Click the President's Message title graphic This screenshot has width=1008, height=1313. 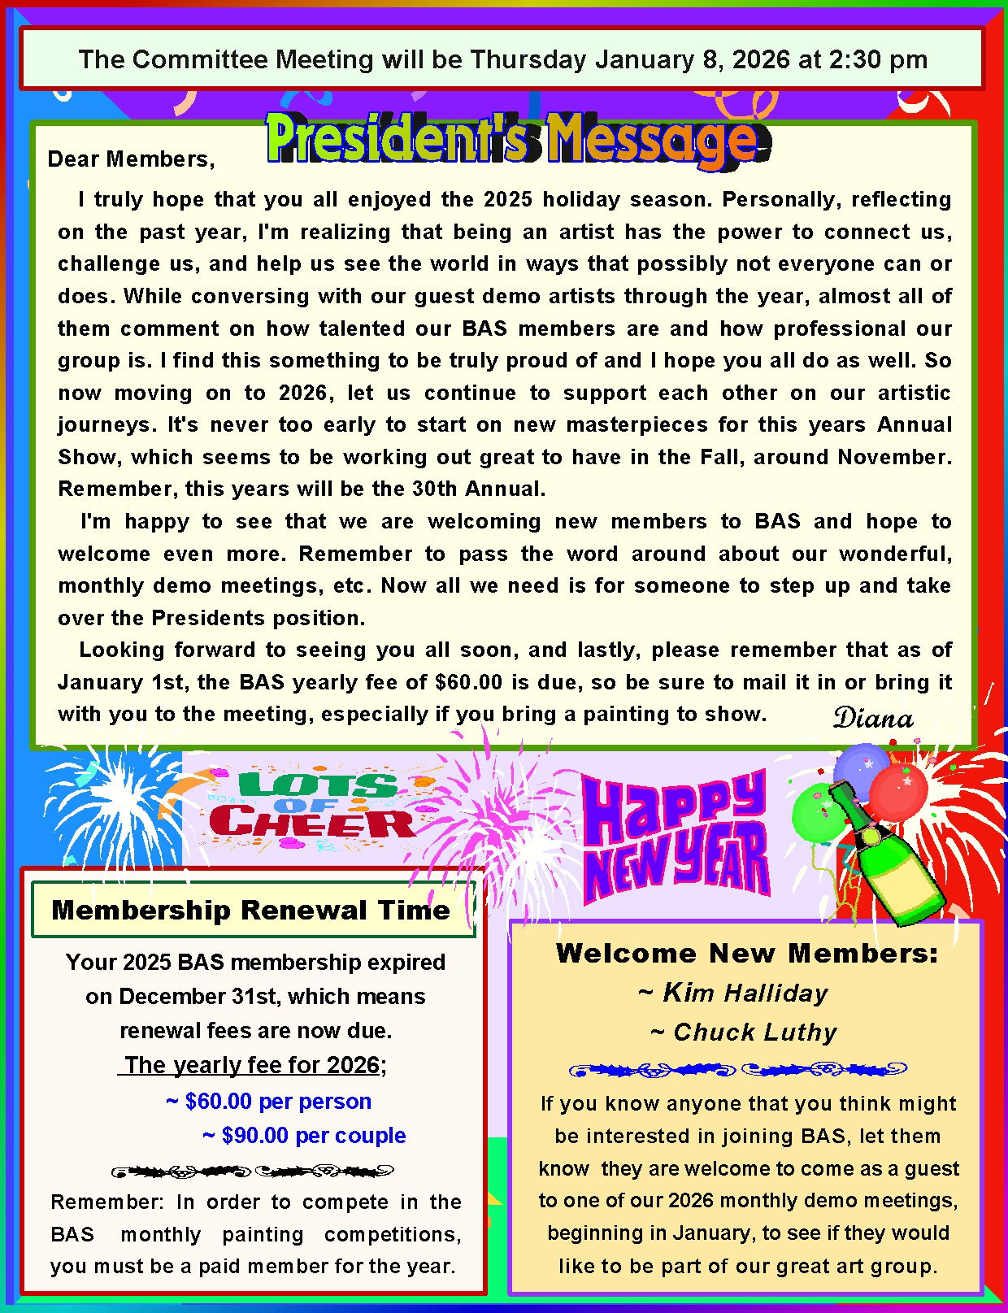(x=512, y=140)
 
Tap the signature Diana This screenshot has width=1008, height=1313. (x=873, y=719)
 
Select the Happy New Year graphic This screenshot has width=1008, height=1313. (x=675, y=837)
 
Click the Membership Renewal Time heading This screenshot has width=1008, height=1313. (x=250, y=910)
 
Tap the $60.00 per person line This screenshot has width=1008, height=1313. (x=268, y=1101)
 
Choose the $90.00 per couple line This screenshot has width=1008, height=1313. (x=304, y=1135)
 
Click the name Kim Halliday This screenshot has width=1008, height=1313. (x=733, y=993)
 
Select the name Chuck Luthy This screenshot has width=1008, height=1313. (x=744, y=1032)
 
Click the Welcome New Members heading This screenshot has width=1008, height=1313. (x=746, y=953)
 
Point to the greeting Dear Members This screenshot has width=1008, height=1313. (x=131, y=159)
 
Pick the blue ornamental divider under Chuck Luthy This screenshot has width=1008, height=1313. (x=737, y=1069)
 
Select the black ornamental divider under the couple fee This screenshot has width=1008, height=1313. (x=252, y=1172)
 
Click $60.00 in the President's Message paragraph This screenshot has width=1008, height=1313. (x=469, y=682)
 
